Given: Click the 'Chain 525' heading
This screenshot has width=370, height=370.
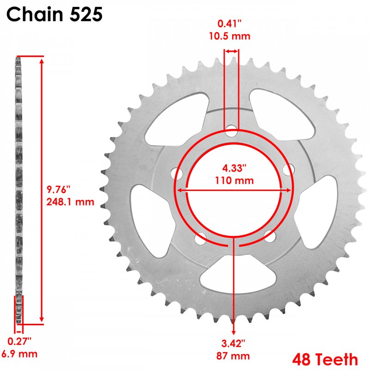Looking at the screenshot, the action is pos(55,14).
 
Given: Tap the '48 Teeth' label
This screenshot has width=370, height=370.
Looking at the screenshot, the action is pos(325,359).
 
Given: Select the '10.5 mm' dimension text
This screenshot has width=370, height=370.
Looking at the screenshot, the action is pos(229,36).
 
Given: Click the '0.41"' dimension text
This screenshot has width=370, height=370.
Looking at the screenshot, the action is pos(229,24).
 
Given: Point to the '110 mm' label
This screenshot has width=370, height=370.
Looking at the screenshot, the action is pos(234,180).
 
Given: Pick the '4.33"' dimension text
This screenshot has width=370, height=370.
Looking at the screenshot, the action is pos(234,168).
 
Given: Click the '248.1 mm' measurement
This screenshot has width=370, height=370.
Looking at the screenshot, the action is pos(70,202).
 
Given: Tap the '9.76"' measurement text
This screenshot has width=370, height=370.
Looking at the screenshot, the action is pos(58,190).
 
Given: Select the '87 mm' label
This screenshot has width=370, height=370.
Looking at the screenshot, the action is pos(233,356).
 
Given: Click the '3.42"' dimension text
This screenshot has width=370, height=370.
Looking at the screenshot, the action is pos(233,343).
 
